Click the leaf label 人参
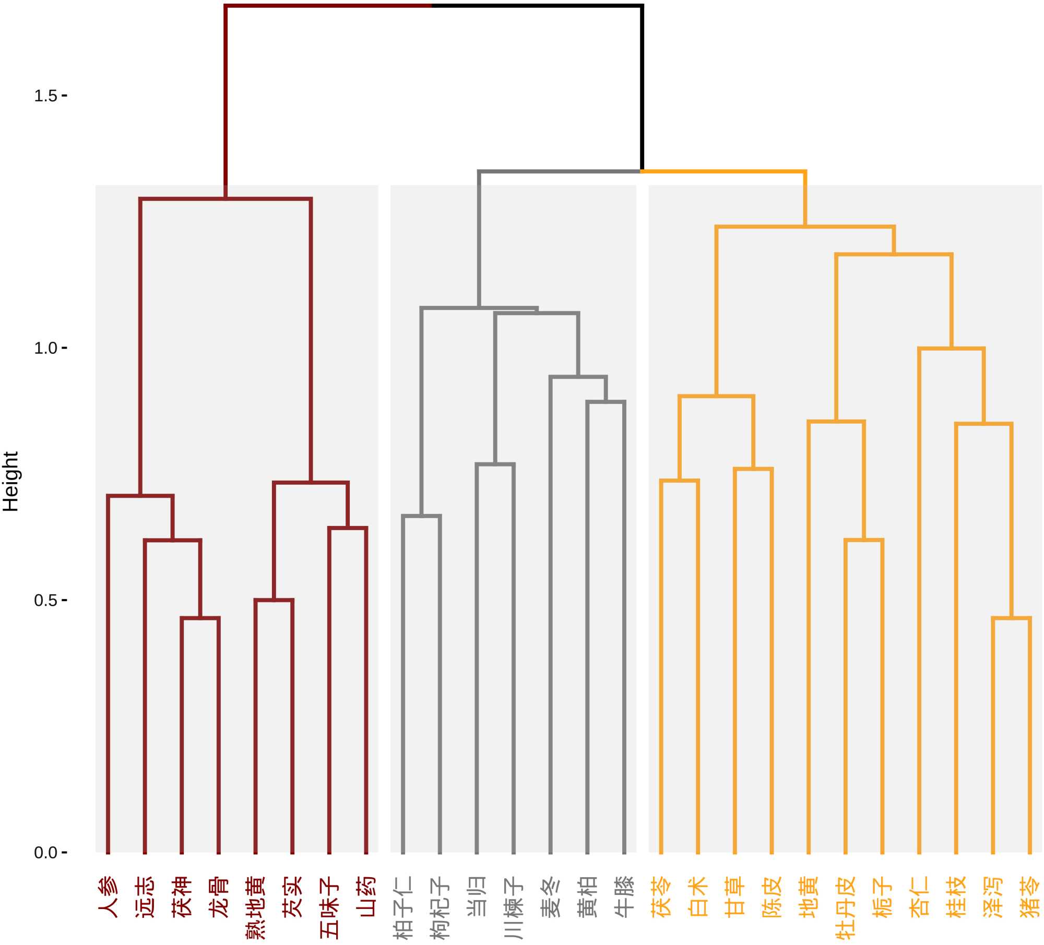(x=108, y=896)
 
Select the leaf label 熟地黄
(x=255, y=907)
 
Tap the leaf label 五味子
(x=329, y=907)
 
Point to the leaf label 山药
(x=366, y=896)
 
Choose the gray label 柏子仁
(x=403, y=907)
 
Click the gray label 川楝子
(x=514, y=907)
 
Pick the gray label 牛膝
(x=624, y=896)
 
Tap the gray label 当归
(x=477, y=896)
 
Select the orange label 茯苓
(x=661, y=896)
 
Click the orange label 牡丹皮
(x=846, y=907)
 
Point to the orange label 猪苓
(x=1030, y=896)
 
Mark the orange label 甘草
(x=735, y=896)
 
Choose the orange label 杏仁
(x=919, y=896)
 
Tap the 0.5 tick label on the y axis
(x=45, y=601)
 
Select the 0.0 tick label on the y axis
(x=45, y=853)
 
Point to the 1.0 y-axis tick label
(x=45, y=348)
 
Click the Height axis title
(x=11, y=481)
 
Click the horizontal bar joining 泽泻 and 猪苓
(x=1011, y=618)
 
